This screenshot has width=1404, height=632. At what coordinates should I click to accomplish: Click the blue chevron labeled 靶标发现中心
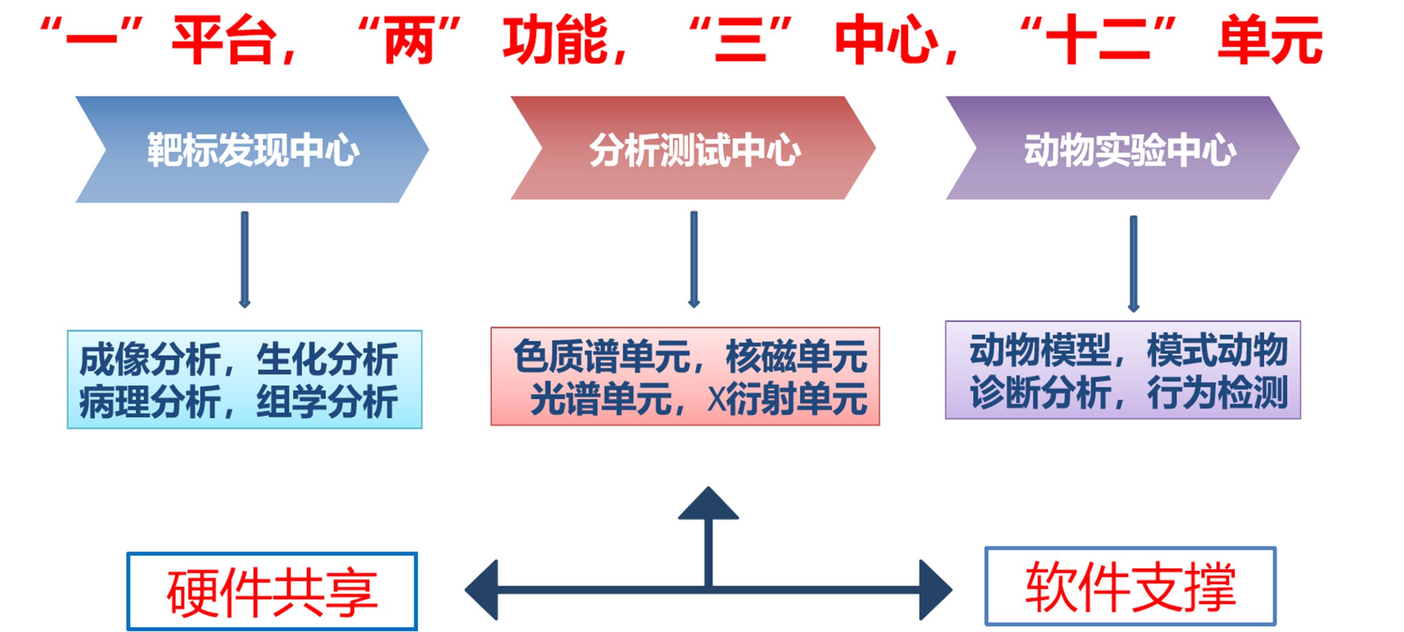252,149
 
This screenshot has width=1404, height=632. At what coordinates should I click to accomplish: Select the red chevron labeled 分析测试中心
694,148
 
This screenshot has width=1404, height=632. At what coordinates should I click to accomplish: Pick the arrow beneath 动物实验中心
1133,263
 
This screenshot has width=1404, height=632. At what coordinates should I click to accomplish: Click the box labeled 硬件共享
272,591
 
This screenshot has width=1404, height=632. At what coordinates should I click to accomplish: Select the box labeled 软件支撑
1130,586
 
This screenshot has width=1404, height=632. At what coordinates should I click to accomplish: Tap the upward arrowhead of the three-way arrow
708,504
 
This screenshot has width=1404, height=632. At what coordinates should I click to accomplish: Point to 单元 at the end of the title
1270,39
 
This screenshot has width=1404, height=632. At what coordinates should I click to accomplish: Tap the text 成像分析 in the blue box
149,359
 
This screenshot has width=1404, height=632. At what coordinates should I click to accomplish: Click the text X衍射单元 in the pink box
788,399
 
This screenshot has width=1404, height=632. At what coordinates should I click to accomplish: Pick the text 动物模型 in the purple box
1040,350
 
